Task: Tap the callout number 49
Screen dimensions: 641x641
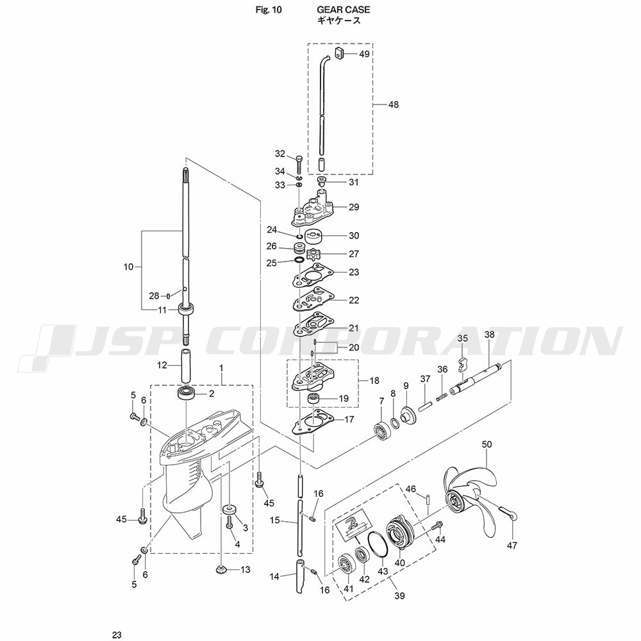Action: pos(364,54)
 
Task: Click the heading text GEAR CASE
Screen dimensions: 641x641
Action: pos(344,10)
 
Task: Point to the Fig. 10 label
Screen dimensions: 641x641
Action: pos(269,10)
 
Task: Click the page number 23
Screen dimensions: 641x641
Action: pos(117,635)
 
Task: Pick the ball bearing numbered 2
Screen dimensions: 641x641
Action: pos(186,394)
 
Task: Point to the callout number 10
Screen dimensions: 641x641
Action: pos(128,267)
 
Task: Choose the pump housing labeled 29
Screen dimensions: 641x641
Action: pos(314,208)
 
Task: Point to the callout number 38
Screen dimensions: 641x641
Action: pos(489,335)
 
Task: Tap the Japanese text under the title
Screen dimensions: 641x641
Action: pos(339,21)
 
